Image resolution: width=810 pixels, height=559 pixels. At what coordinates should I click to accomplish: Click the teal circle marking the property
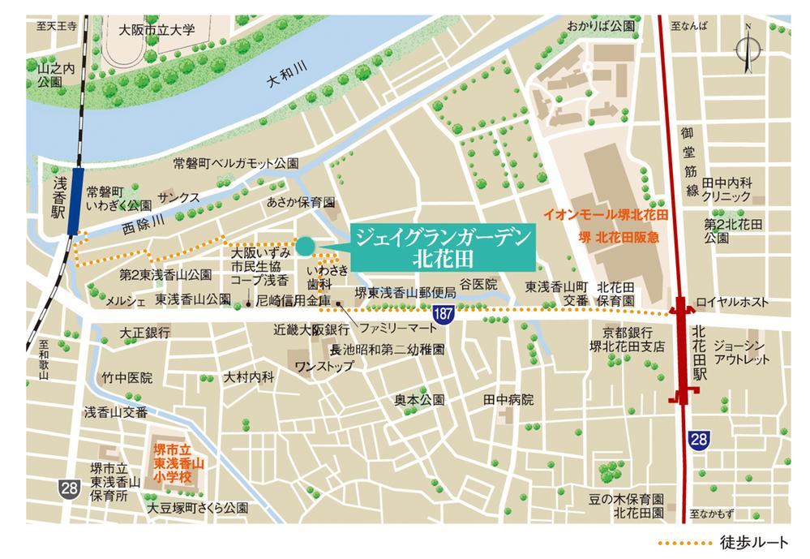pyautogui.click(x=304, y=245)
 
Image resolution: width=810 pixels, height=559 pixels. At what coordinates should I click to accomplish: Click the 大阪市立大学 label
pyautogui.click(x=156, y=30)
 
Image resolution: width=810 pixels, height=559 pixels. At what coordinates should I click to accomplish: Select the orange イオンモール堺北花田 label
pyautogui.click(x=604, y=217)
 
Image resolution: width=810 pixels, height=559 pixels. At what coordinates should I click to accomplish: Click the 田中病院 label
pyautogui.click(x=508, y=400)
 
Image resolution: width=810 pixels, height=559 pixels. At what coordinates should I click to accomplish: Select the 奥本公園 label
pyautogui.click(x=420, y=400)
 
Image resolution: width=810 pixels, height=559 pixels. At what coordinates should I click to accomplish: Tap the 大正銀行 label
pyautogui.click(x=144, y=333)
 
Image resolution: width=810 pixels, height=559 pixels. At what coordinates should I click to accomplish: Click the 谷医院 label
pyautogui.click(x=478, y=284)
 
